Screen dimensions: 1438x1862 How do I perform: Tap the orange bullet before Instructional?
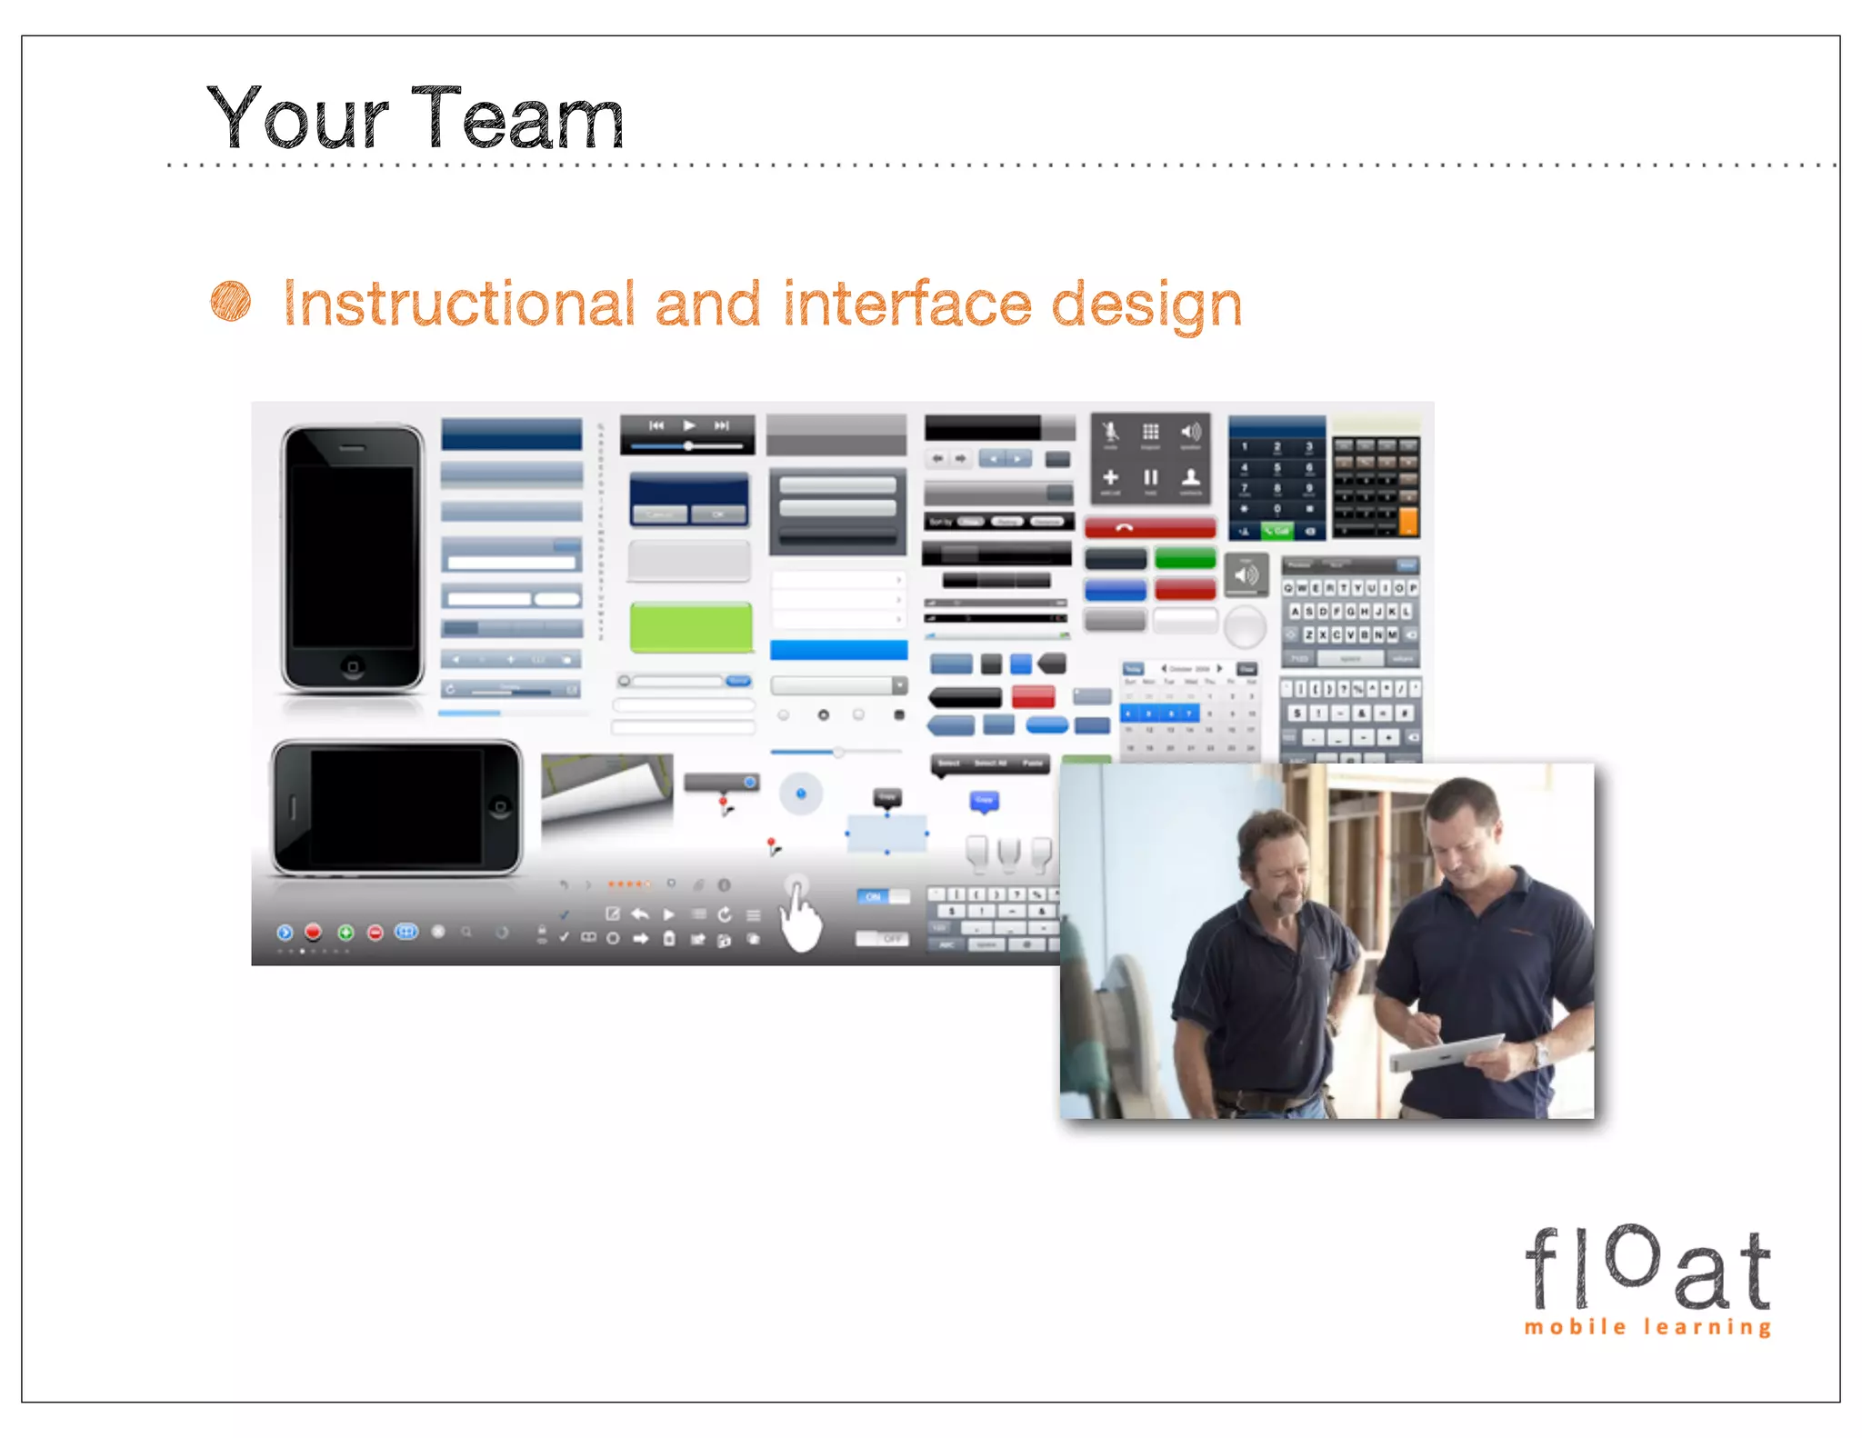(x=231, y=302)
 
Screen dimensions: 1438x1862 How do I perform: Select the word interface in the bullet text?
(x=907, y=304)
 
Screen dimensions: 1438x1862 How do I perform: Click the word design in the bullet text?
(x=1146, y=305)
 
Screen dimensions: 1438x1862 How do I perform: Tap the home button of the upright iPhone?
(x=353, y=668)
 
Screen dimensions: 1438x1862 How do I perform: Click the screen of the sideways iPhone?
(x=396, y=807)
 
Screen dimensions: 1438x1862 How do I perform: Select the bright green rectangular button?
(x=691, y=627)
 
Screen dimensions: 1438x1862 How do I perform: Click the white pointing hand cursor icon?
(x=801, y=918)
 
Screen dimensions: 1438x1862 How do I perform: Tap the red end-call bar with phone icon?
(x=1150, y=528)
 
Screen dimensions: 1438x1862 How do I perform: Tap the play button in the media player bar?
(x=688, y=425)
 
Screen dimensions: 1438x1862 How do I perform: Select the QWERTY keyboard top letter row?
(x=1350, y=588)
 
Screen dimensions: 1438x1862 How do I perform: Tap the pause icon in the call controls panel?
(x=1150, y=477)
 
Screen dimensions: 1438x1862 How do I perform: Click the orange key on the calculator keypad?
(x=1407, y=521)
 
